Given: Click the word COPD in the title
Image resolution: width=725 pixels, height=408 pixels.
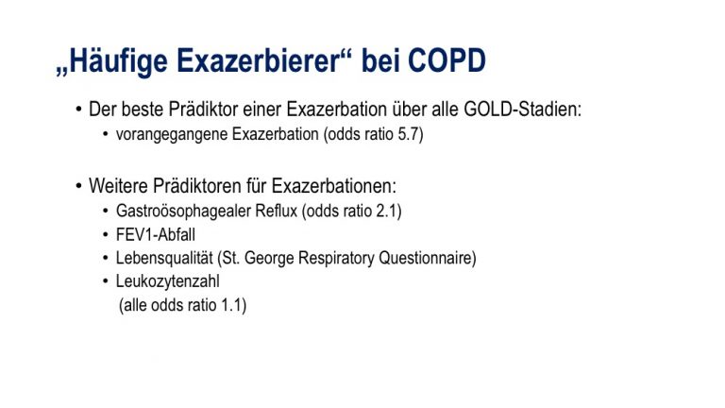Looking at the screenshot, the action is point(447,60).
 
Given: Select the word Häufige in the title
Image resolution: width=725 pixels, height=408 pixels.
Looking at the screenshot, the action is point(118,61).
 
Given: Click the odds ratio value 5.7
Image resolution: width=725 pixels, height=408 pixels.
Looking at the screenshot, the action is point(408,134).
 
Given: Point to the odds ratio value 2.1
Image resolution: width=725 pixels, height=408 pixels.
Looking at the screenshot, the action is point(387,211).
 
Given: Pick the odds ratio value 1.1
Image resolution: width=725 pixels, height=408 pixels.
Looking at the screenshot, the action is point(231,305).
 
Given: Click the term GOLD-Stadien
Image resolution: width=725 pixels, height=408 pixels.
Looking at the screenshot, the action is point(522,110).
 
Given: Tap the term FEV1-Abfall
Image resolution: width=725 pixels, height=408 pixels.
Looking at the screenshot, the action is point(156,234).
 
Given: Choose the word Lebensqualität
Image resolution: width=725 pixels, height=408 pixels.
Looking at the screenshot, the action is point(164,258).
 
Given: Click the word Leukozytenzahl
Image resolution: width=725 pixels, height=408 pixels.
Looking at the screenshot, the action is point(167,281).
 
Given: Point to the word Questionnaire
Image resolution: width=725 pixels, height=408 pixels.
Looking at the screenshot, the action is point(426,258).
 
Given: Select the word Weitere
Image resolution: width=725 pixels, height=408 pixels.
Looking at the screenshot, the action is point(118,186).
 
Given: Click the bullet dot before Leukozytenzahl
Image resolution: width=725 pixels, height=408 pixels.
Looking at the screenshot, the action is point(106,280).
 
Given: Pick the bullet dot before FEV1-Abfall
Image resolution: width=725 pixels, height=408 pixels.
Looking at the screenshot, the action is point(106,234).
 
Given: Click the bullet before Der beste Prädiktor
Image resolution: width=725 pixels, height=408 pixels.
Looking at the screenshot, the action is point(78,110).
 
